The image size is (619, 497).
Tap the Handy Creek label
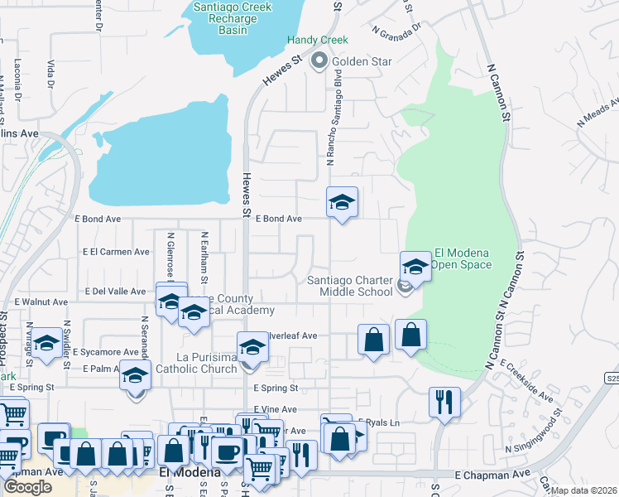click(x=317, y=40)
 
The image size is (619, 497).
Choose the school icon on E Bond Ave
click(x=341, y=203)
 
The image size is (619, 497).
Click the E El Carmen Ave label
click(x=116, y=252)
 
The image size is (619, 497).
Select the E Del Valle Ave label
click(x=116, y=292)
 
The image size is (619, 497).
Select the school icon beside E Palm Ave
click(x=135, y=377)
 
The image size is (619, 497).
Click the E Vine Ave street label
click(x=275, y=409)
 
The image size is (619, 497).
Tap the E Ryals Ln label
click(x=377, y=422)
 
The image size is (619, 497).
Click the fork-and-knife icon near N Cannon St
click(x=444, y=403)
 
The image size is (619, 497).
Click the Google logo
click(x=26, y=487)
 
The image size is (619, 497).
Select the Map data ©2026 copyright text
click(x=583, y=490)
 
